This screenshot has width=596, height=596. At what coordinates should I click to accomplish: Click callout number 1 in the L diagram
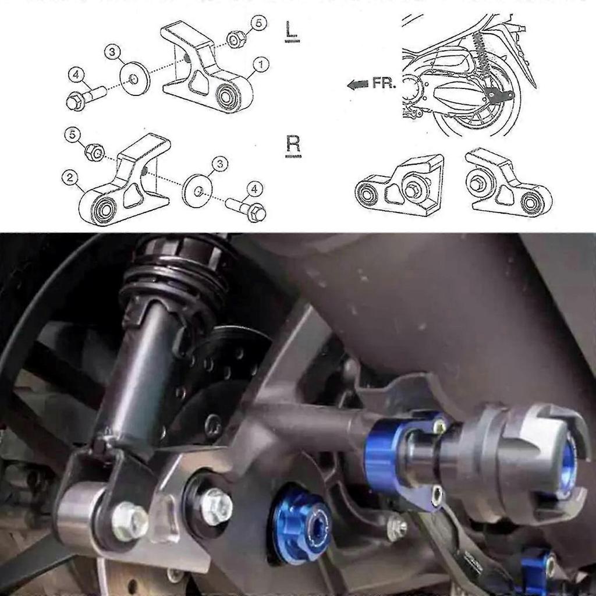(x=261, y=65)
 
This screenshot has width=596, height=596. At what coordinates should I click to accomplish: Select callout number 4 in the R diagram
(x=254, y=188)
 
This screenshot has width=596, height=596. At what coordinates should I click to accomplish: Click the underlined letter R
(x=293, y=144)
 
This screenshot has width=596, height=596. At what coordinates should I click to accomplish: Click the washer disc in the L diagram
(x=135, y=78)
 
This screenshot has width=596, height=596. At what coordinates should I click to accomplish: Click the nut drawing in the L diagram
(x=235, y=40)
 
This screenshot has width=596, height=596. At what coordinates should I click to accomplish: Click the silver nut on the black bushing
(x=216, y=505)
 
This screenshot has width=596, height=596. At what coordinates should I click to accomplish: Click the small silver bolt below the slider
(x=398, y=527)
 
